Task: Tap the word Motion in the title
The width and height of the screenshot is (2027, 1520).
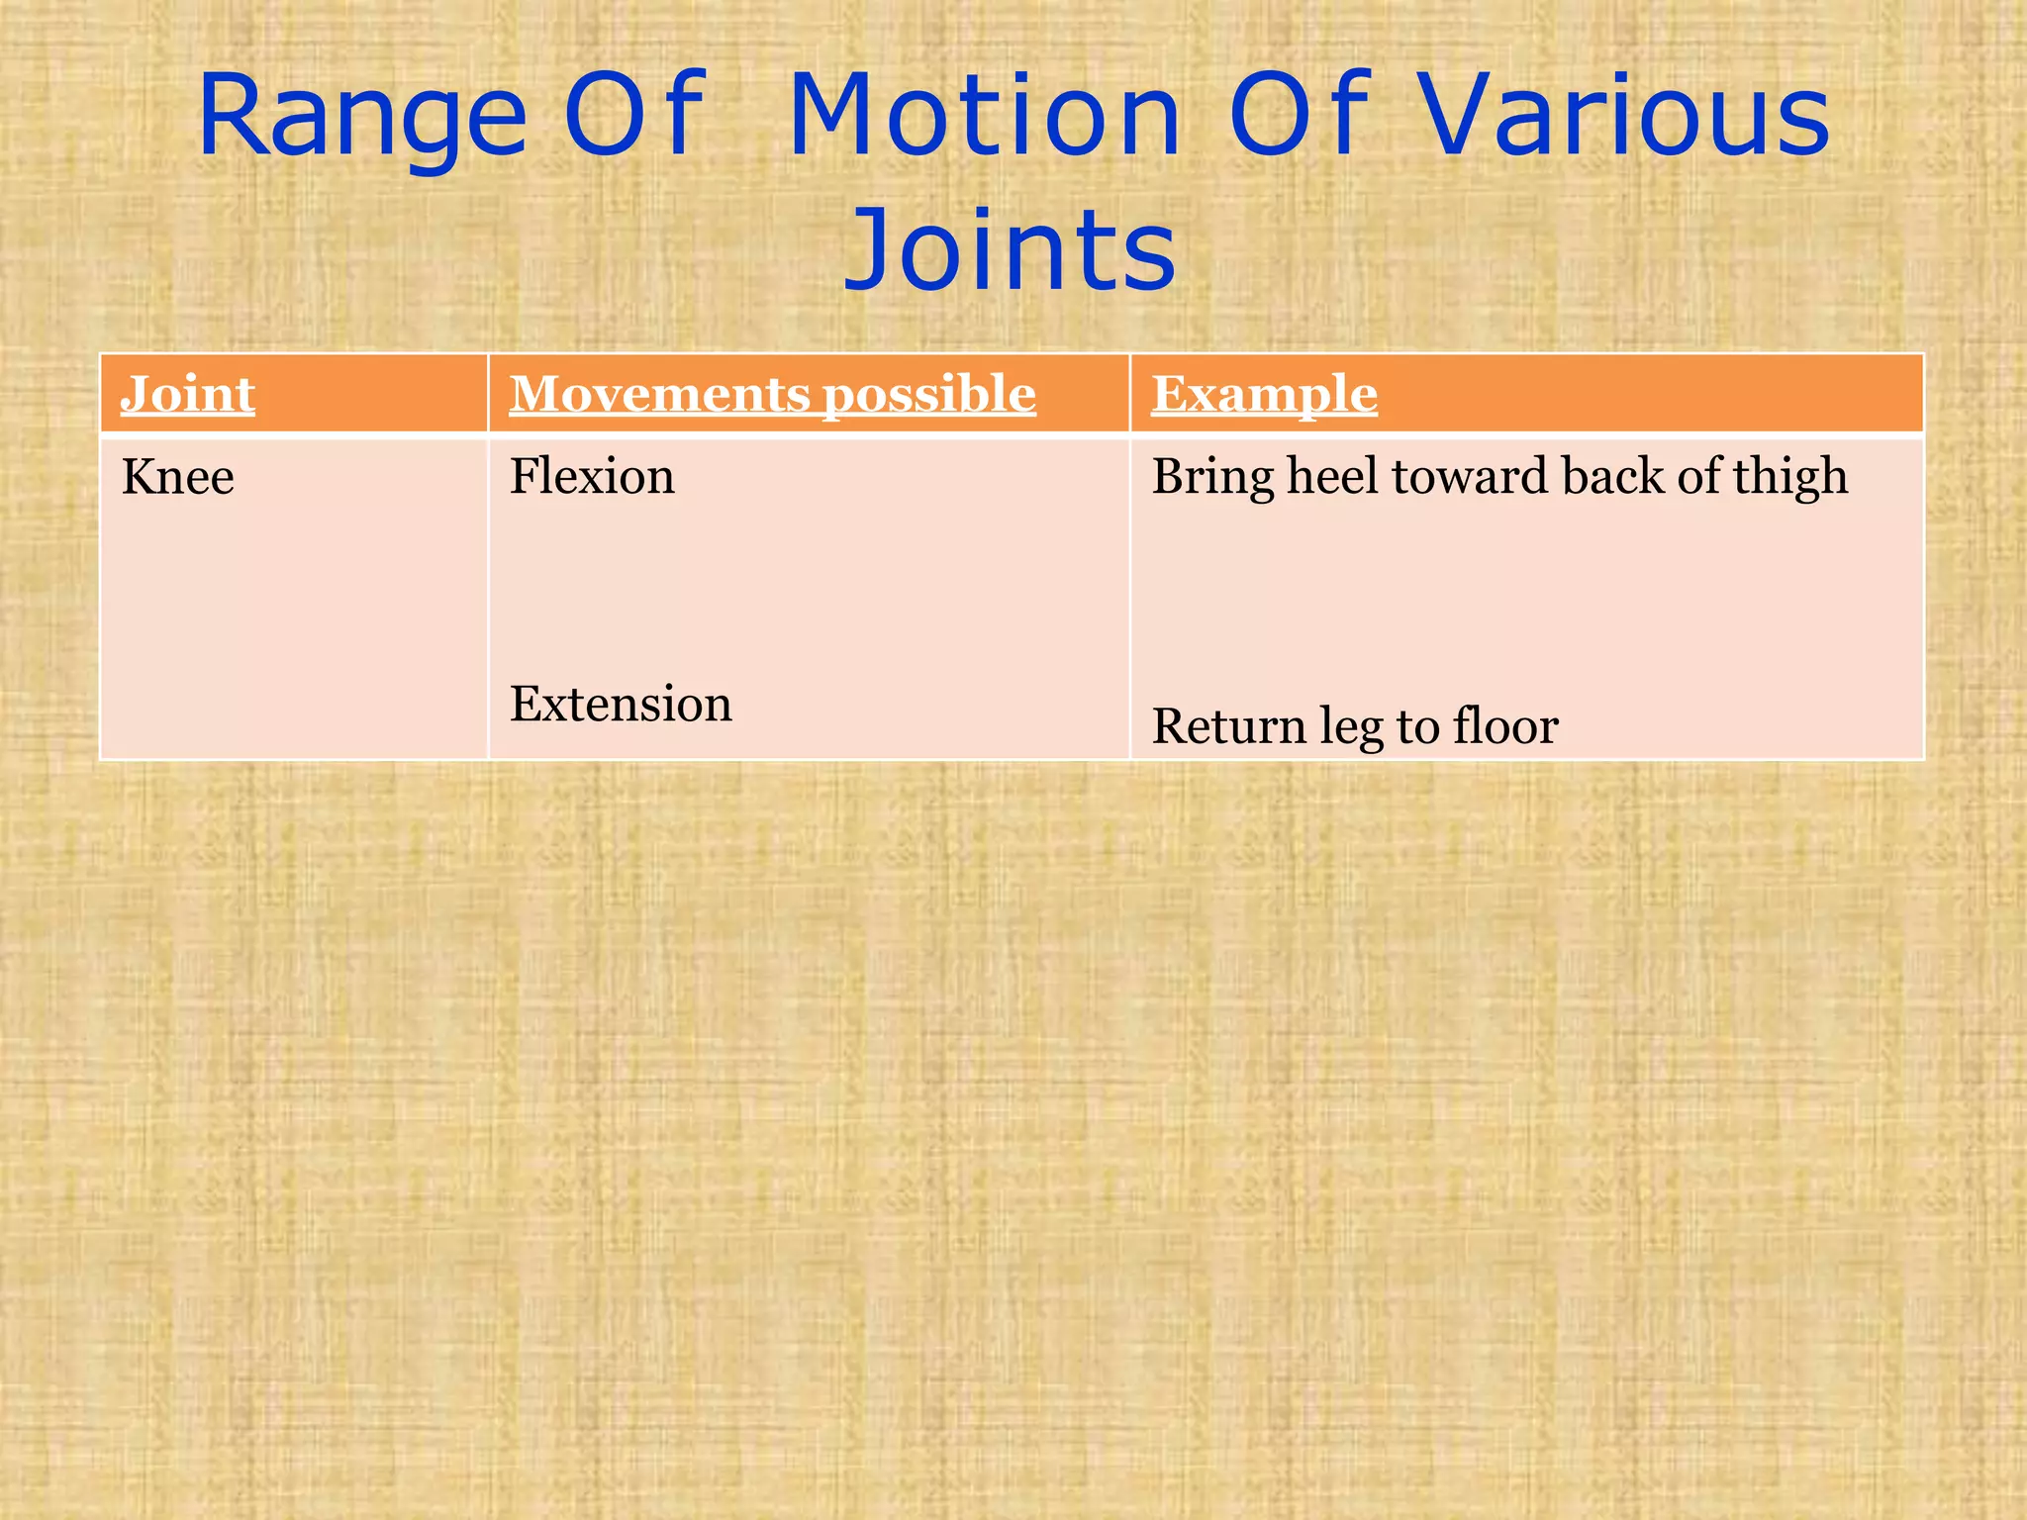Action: coord(984,117)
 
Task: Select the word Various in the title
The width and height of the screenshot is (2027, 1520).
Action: coord(1624,117)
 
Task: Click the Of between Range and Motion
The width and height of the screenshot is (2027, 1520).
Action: coord(633,117)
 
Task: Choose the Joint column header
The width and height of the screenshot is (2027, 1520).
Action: coord(188,394)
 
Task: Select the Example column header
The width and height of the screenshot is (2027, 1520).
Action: coord(1264,394)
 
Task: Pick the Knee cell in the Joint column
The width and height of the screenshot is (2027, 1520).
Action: coord(178,477)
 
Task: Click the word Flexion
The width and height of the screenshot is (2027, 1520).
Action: coord(592,477)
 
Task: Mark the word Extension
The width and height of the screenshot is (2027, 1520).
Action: coord(621,705)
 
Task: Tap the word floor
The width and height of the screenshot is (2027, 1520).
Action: coord(1504,727)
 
